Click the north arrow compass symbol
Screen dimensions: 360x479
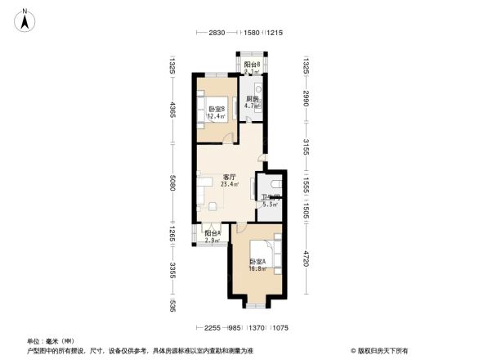coord(26,19)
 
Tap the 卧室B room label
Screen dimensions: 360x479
coord(217,109)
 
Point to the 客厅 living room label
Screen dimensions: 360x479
coord(230,177)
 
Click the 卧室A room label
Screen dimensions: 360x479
coord(257,262)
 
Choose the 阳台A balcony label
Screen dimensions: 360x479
coord(213,233)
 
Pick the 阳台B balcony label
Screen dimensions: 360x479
coord(252,65)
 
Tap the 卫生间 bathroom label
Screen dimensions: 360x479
coord(271,197)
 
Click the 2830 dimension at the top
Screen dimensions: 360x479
coord(217,33)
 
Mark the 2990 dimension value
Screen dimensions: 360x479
coord(306,97)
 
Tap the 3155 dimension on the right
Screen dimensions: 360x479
coord(306,149)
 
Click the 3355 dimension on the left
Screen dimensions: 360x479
coord(172,269)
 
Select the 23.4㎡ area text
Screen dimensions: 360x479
coord(230,185)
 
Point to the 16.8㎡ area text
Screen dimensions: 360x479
coord(257,268)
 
